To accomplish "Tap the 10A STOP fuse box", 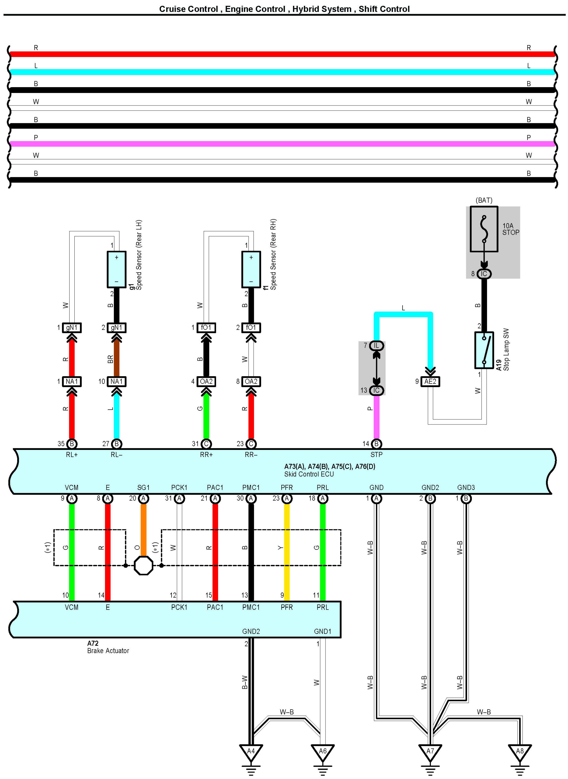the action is (484, 229).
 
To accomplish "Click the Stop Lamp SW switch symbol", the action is (484, 350).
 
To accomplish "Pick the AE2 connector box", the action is (430, 381).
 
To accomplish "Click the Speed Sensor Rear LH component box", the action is (116, 269).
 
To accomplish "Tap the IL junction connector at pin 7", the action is (376, 345).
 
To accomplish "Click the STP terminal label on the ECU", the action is (376, 455).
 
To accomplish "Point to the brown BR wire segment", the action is (116, 357).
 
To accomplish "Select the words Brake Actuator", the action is (108, 650).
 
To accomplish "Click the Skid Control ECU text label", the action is (309, 474).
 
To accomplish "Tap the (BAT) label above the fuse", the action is (484, 200).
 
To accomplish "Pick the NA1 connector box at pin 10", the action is (116, 381).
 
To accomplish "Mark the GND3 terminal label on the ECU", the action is (466, 488).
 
